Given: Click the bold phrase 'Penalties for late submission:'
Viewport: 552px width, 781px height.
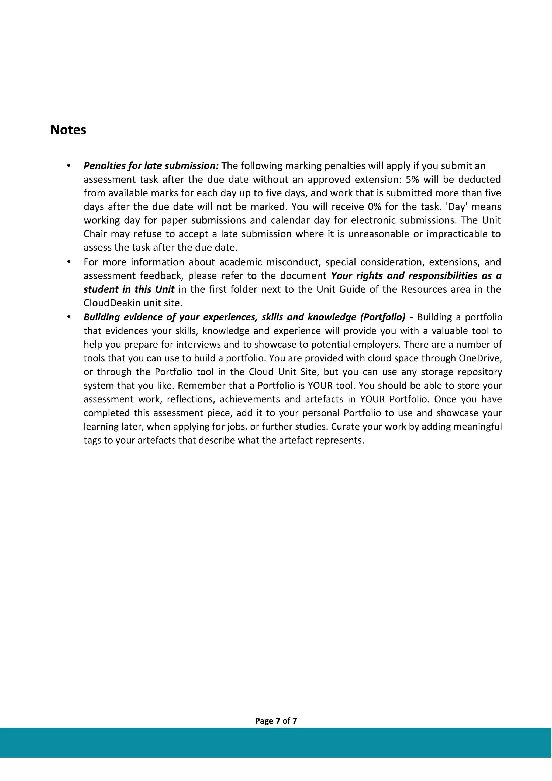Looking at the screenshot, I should [151, 166].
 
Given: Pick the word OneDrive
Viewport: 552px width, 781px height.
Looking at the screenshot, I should [479, 358].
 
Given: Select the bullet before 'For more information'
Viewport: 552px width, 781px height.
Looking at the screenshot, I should [68, 262].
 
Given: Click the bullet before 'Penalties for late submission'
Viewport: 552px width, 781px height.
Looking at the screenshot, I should [68, 166].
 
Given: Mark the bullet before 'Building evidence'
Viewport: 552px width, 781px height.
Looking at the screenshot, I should [68, 317].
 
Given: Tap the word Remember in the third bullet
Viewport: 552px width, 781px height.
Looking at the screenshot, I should [199, 386].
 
